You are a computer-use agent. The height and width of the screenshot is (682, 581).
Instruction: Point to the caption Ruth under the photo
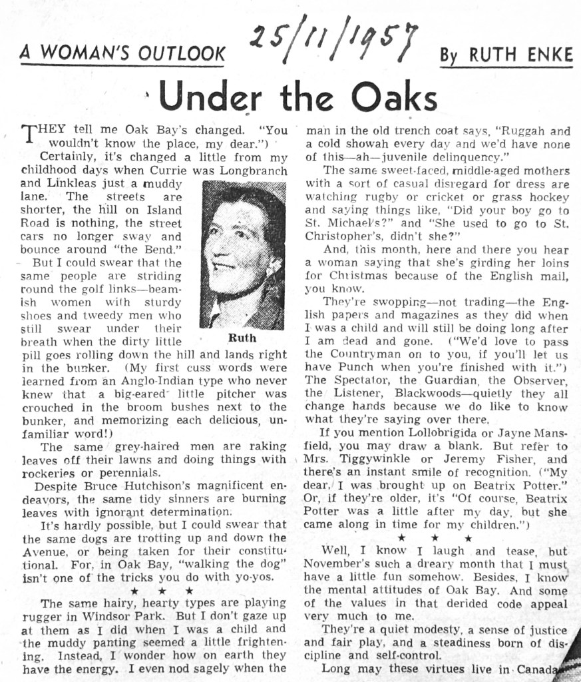pos(242,337)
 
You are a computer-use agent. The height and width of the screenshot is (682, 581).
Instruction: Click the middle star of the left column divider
pos(162,591)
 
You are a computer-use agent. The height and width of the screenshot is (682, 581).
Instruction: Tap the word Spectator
pos(359,380)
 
